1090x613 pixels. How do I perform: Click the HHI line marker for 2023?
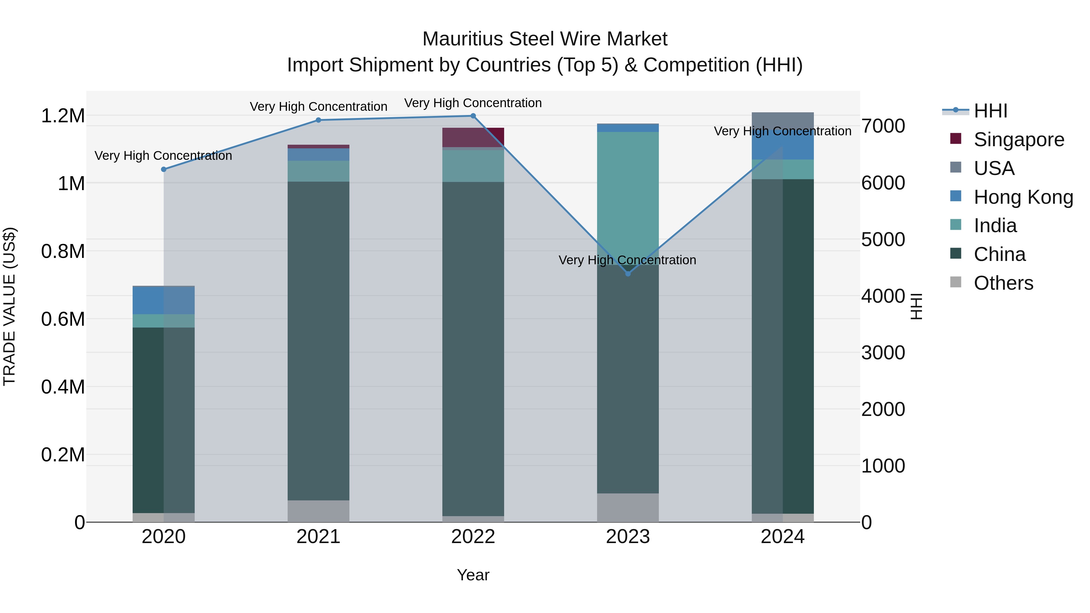pos(628,274)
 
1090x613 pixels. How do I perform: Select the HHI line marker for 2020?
pos(164,169)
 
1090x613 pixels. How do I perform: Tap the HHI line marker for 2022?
pos(473,116)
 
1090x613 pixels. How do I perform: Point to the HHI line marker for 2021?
pos(319,120)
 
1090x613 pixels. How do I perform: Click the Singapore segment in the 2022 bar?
pos(473,137)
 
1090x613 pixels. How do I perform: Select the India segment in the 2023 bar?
pos(628,195)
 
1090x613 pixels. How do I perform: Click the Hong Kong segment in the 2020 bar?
pos(164,300)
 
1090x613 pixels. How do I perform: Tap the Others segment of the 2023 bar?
pos(628,507)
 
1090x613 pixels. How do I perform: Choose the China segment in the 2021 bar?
pos(319,338)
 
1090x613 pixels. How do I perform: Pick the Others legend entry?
pos(1003,283)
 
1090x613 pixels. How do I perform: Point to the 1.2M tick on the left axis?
pos(63,116)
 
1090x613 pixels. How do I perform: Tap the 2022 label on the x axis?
pos(473,537)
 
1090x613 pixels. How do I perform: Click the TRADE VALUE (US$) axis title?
pos(9,306)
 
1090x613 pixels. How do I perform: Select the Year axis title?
pos(473,575)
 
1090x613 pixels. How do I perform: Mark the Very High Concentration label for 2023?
pos(627,260)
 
